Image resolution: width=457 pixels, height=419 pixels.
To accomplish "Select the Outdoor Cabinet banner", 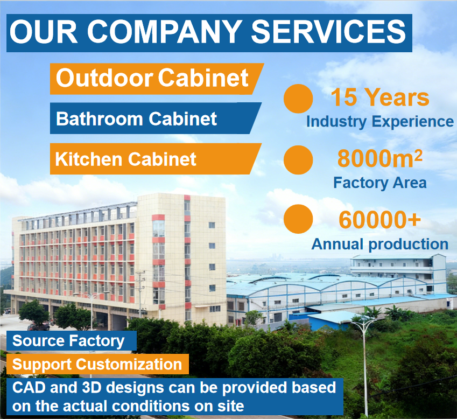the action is pos(157,79).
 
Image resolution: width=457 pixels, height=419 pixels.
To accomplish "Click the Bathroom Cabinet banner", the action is pos(156,118).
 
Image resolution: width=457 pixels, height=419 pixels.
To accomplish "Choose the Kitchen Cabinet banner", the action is pos(156,159).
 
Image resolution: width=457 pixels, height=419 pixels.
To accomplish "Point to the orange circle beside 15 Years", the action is pos(298,99).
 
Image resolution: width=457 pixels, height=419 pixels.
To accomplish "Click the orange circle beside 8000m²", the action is pos(298,160).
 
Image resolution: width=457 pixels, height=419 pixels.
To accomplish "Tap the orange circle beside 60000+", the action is pos(298,219).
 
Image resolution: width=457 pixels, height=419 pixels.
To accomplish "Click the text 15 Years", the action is pos(380,97).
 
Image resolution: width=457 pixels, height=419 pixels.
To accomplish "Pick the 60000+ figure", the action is pos(380,220).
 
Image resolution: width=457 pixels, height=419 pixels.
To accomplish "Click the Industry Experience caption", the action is pos(380,122).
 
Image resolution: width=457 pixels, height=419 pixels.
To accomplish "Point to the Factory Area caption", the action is pos(380,183).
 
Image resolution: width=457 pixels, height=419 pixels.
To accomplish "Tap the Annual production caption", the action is pos(380,244).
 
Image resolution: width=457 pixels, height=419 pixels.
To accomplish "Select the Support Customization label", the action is pos(97,364).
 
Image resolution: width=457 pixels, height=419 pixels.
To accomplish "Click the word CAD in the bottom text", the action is pos(29,388).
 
